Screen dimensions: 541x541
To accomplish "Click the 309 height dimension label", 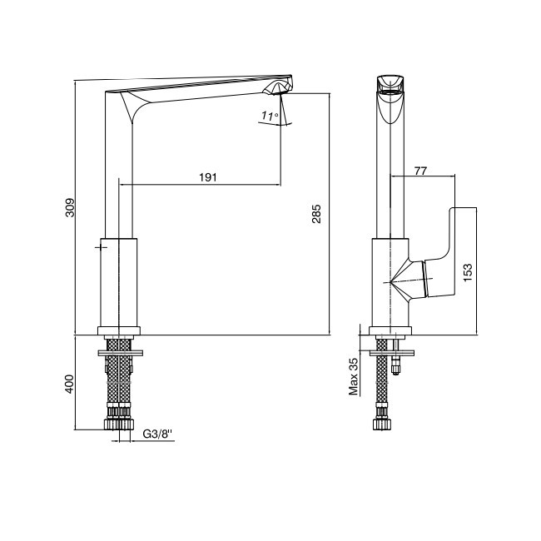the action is [70, 207].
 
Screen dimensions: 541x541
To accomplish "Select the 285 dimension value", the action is [316, 214].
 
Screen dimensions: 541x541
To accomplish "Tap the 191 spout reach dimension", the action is [208, 177].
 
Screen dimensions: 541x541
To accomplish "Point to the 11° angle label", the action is [269, 116].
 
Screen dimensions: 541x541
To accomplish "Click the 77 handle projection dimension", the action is [420, 171].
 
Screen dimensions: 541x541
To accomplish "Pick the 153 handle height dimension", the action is [468, 272].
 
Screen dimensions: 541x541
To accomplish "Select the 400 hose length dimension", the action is [70, 384].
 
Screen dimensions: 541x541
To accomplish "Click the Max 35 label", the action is [354, 376].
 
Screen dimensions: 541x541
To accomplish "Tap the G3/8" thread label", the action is [157, 434].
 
